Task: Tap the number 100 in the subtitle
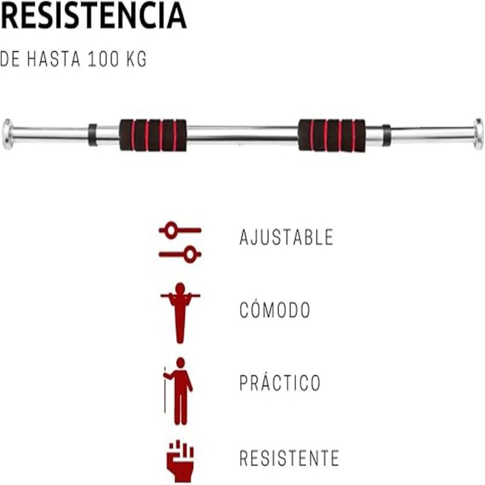click(104, 59)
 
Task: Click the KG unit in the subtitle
click(137, 59)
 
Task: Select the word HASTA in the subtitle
click(54, 59)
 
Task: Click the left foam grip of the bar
click(153, 135)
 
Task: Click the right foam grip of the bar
click(332, 135)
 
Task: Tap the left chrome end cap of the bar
click(7, 134)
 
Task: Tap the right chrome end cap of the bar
click(478, 134)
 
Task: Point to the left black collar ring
click(92, 135)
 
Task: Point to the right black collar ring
click(386, 135)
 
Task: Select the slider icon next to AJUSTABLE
click(180, 242)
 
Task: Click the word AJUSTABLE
click(286, 237)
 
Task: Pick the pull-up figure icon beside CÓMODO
click(180, 313)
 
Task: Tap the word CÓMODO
click(275, 310)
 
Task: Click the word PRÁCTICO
click(280, 383)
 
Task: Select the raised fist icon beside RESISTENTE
click(180, 461)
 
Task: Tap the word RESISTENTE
click(289, 458)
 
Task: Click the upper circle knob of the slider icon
click(171, 230)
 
